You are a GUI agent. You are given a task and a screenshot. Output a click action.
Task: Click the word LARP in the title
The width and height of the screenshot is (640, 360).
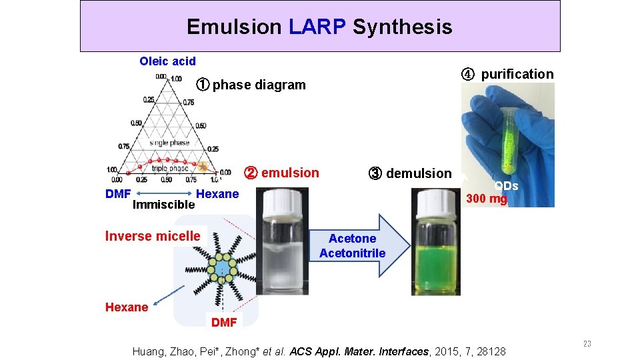[x=317, y=27]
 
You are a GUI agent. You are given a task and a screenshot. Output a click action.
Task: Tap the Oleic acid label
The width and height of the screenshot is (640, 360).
[x=167, y=61]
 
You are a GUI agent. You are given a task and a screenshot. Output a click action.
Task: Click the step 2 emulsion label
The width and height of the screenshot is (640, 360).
[x=282, y=173]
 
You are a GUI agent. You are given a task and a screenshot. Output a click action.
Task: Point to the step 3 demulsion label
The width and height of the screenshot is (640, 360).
[x=409, y=173]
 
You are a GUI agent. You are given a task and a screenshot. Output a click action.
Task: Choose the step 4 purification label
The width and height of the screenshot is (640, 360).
[x=508, y=74]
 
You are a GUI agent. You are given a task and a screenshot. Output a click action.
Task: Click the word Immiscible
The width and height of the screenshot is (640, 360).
[x=163, y=205]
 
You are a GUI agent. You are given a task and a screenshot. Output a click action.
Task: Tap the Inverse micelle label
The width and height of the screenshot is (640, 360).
[x=153, y=236]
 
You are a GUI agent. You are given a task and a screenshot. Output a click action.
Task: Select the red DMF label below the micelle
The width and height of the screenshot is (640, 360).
[x=223, y=323]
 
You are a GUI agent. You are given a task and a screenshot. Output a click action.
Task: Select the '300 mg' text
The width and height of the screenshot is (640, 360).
[x=486, y=199]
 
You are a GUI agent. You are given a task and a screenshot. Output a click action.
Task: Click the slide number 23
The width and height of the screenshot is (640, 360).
[x=587, y=344]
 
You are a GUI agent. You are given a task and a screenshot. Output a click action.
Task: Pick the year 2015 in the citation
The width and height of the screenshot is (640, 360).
[x=449, y=351]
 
